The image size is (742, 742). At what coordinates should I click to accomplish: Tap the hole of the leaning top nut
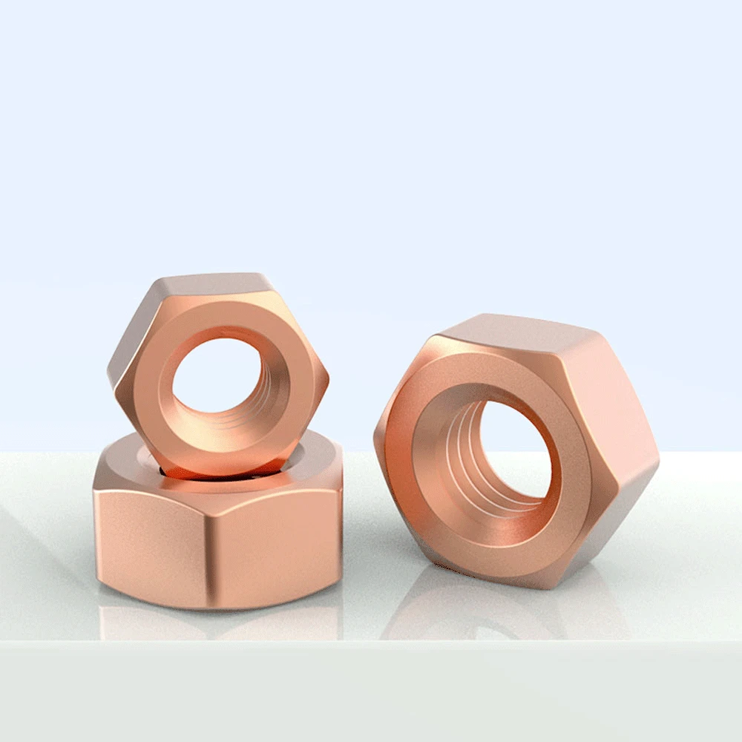pos(215,375)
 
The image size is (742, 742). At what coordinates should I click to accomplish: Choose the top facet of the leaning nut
pos(208,286)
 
